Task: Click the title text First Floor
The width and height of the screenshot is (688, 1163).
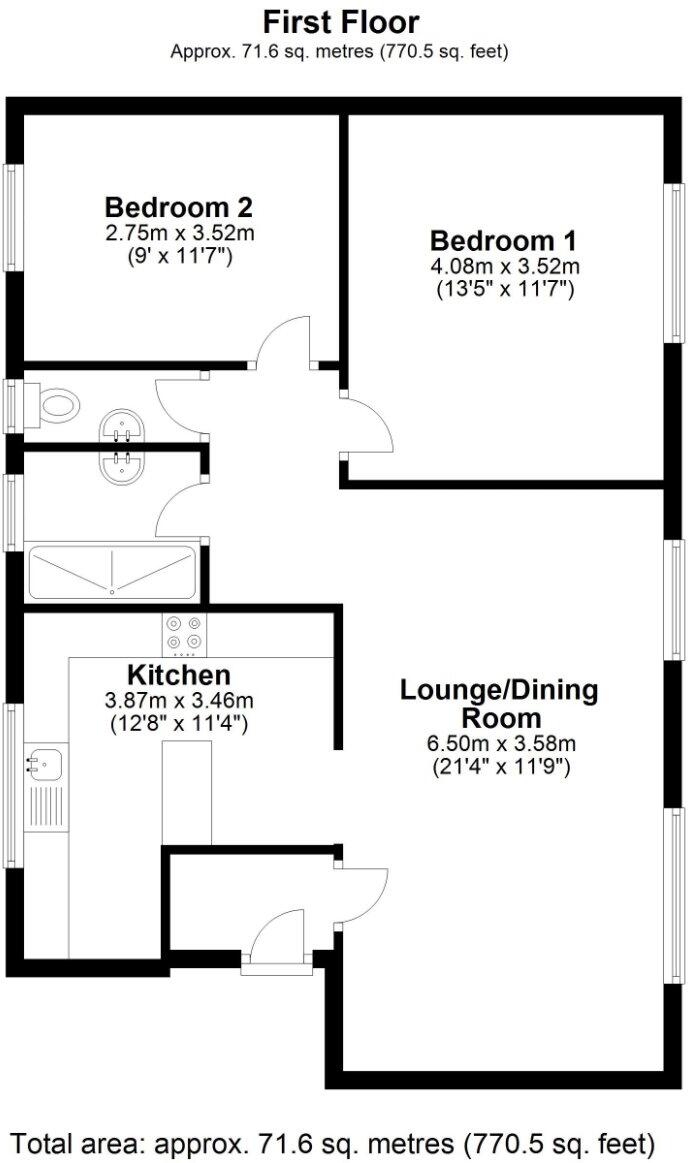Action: pyautogui.click(x=341, y=22)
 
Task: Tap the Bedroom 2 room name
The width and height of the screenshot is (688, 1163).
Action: pyautogui.click(x=178, y=208)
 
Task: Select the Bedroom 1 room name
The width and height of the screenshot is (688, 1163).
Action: pyautogui.click(x=503, y=241)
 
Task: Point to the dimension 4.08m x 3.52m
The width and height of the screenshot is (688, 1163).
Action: pyautogui.click(x=504, y=266)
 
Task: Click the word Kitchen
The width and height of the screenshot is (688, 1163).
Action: pyautogui.click(x=179, y=675)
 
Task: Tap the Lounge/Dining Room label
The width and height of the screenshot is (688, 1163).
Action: pyautogui.click(x=499, y=703)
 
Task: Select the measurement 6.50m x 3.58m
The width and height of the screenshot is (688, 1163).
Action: pyautogui.click(x=499, y=743)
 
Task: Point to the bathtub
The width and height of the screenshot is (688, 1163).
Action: pyautogui.click(x=112, y=572)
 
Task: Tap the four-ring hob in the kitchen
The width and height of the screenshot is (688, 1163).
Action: pyautogui.click(x=184, y=632)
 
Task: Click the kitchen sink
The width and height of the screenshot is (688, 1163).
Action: pyautogui.click(x=45, y=765)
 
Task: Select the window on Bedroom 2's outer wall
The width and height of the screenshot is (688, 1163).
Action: pyautogui.click(x=14, y=218)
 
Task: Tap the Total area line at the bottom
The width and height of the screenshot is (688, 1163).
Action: pyautogui.click(x=333, y=1141)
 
